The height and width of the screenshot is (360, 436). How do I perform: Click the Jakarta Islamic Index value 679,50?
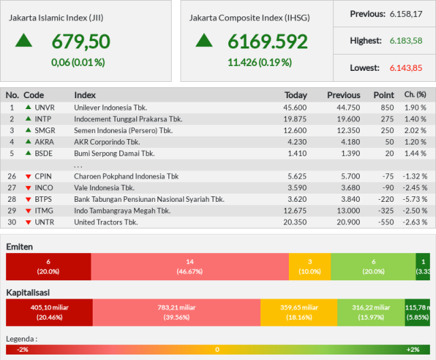click(81, 42)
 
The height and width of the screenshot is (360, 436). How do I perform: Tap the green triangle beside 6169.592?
click(204, 40)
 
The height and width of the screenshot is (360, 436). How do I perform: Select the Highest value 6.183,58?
click(406, 41)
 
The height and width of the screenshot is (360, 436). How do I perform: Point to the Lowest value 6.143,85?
click(406, 68)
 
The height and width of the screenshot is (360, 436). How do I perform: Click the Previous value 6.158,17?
click(406, 14)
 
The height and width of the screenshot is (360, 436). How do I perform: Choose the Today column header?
click(296, 95)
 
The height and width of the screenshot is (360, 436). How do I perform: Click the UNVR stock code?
click(44, 108)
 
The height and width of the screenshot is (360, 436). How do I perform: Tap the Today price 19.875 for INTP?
click(295, 119)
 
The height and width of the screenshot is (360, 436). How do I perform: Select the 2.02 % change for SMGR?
click(415, 130)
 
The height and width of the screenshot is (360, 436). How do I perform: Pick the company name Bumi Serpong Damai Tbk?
click(114, 153)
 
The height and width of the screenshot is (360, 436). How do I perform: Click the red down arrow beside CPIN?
click(28, 177)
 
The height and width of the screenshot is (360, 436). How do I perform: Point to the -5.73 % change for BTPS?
click(415, 200)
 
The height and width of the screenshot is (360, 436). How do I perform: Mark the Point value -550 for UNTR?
click(386, 222)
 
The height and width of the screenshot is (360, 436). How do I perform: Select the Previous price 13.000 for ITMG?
click(348, 211)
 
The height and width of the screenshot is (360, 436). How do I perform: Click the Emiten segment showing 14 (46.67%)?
click(190, 267)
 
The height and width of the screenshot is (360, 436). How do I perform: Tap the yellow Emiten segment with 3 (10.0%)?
click(310, 267)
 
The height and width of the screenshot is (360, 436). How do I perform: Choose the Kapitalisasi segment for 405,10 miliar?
click(49, 312)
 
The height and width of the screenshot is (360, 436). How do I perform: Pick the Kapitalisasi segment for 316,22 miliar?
click(371, 312)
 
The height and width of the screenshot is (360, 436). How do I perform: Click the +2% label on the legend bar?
click(413, 350)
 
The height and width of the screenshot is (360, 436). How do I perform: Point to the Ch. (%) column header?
click(415, 95)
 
